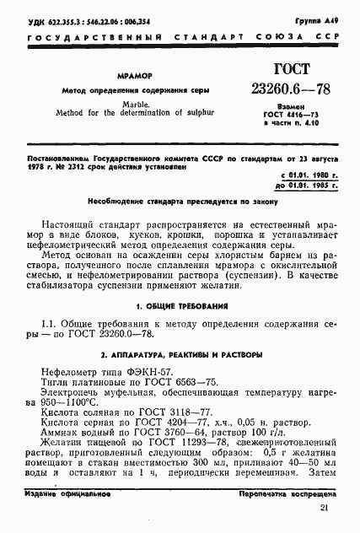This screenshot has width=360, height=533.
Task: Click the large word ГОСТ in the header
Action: pyautogui.click(x=269, y=70)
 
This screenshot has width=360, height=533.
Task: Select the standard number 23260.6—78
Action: pyautogui.click(x=270, y=89)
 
